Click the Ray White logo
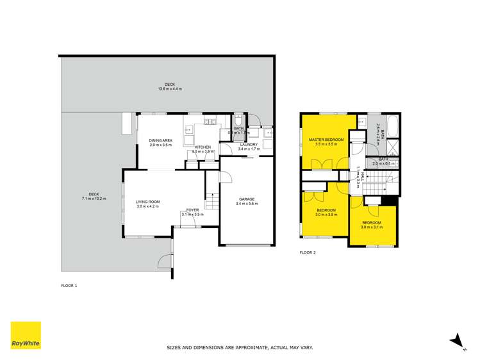(x=26, y=336)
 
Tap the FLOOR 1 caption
(x=69, y=285)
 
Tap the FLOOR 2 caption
(x=308, y=252)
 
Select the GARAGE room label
(x=247, y=199)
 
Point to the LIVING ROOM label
(x=147, y=202)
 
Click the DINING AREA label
(x=160, y=140)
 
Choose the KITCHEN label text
(x=203, y=147)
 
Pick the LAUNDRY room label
(x=248, y=145)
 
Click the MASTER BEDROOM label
(x=326, y=140)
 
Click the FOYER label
(x=192, y=209)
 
